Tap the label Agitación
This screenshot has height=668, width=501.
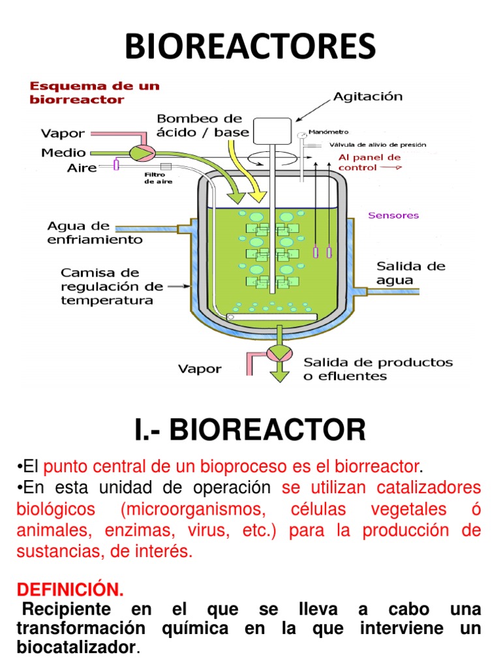pos(368,97)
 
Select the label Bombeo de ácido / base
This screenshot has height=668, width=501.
pos(202,125)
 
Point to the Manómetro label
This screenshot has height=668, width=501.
pos(333,132)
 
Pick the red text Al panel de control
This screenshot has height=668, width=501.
pos(369,162)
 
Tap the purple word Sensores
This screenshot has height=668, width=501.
pos(394,215)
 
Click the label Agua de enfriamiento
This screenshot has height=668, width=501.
pos(95,233)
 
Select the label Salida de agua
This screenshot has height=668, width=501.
pos(411,273)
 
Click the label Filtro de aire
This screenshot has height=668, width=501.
pos(155,178)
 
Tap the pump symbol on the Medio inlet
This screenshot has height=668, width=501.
pos(138,152)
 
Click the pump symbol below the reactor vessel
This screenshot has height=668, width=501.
pos(280,354)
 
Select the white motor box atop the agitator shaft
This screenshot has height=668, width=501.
pos(272,130)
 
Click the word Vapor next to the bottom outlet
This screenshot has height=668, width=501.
pos(200,369)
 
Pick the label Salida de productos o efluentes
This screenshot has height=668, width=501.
pos(378,369)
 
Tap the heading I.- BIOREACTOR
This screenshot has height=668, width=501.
pos(250,431)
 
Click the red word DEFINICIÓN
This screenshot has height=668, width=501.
pos(69,590)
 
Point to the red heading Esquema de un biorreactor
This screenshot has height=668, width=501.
pos(95,92)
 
